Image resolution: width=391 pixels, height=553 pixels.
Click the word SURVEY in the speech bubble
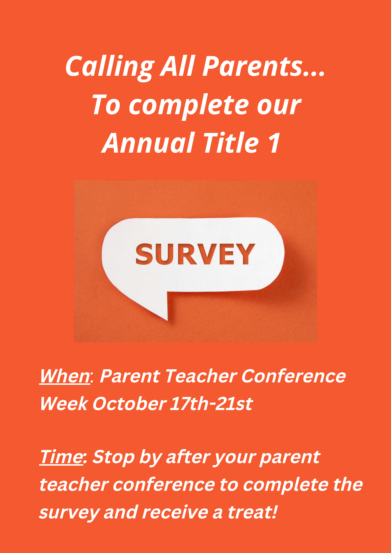(x=195, y=254)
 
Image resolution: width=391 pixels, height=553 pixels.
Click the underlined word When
(x=65, y=376)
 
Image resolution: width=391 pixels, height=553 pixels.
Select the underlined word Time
(x=61, y=457)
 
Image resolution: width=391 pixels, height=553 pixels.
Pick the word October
(x=129, y=404)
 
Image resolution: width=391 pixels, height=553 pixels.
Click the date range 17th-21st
(x=211, y=404)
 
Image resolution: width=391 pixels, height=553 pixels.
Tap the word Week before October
(x=64, y=404)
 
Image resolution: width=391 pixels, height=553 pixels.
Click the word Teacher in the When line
(x=201, y=376)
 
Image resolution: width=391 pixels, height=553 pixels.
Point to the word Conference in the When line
(x=293, y=376)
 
